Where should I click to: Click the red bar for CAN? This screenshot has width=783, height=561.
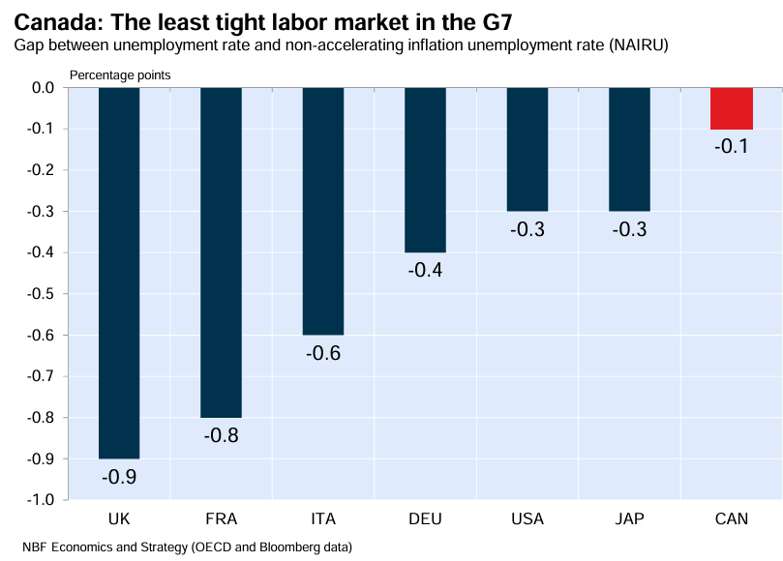coord(731,108)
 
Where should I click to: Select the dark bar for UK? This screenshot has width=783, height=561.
coord(119,273)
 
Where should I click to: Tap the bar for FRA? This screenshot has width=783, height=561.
coord(221,251)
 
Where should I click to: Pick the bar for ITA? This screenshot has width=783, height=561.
coord(323,211)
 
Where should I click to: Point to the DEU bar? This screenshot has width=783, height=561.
coord(425,169)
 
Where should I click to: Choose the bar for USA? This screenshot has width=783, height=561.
coord(527,149)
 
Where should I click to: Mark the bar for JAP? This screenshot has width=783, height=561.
coord(629,149)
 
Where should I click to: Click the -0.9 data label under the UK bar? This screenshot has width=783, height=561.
coord(119,477)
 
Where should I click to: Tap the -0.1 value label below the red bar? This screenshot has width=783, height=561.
coord(731,147)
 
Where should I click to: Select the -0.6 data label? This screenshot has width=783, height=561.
coord(323,353)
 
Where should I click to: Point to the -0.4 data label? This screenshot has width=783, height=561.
coord(425,271)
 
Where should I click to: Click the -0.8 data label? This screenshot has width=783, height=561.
coord(221,435)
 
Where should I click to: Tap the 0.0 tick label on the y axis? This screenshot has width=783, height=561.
coord(44,88)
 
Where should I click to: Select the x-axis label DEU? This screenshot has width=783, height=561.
coord(425,519)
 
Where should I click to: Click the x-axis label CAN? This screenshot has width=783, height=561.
coord(731,519)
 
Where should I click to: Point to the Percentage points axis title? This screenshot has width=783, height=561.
coord(118,74)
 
